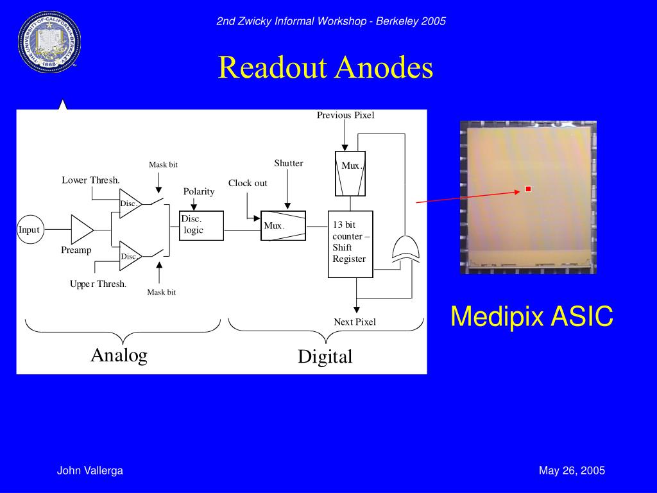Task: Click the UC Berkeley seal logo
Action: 49,42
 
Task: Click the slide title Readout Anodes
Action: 325,67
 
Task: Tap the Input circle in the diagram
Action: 29,230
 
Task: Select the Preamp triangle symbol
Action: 81,229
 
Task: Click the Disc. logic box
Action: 201,225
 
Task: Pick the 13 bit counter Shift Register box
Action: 350,244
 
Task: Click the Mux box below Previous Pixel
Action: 350,173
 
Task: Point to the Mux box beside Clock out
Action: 283,225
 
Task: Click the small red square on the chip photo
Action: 528,189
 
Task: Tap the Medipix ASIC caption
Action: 531,316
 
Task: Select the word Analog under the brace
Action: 119,355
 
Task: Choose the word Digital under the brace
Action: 325,357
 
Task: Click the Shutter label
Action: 289,163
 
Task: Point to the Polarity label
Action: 199,191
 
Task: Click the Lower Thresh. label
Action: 91,180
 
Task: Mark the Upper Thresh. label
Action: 98,284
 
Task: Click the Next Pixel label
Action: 355,322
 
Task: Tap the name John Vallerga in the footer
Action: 90,471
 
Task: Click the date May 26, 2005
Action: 572,471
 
